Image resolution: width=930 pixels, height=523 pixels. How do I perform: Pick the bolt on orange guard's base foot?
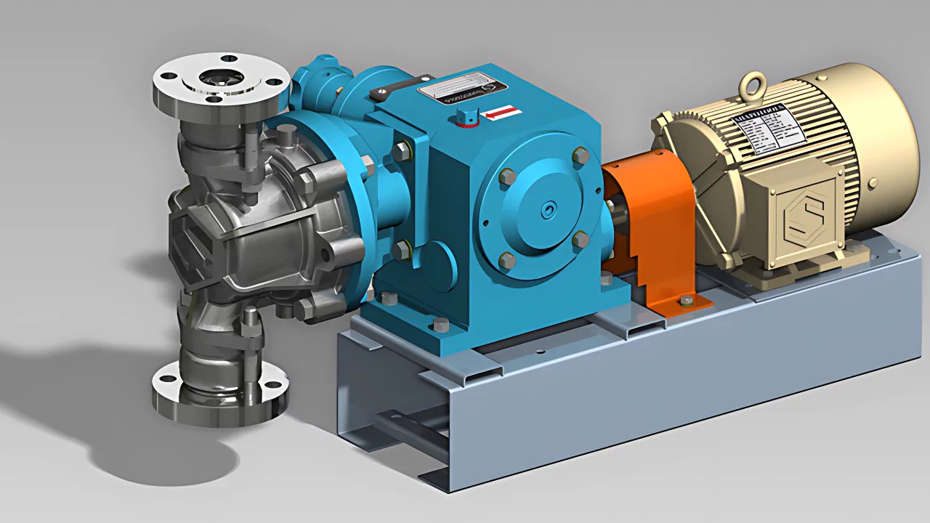tap(685, 299)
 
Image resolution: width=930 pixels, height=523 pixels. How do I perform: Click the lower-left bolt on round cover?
tap(507, 259)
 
